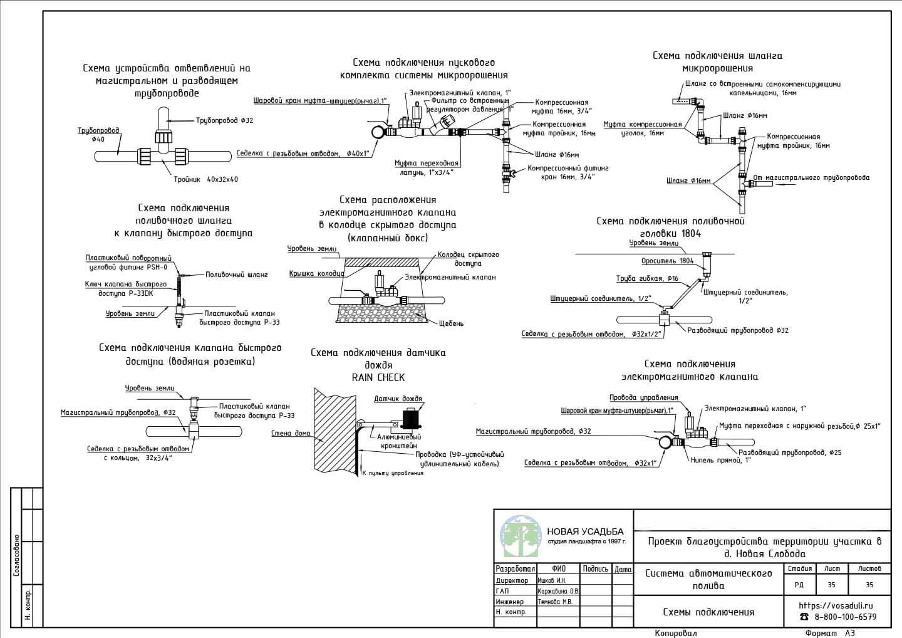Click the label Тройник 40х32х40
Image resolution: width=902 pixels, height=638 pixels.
[x=205, y=179]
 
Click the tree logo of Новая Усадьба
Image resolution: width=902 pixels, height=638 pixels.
[x=520, y=536]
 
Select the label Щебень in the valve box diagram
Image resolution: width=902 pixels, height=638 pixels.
[x=451, y=323]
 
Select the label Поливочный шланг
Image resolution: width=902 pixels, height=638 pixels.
[x=236, y=275]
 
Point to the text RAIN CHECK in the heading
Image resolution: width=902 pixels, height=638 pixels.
[x=378, y=377]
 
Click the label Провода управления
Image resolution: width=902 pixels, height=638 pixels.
[x=643, y=397]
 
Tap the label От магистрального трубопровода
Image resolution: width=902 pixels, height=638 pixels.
[x=811, y=177]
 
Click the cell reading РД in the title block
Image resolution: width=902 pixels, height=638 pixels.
[x=800, y=584]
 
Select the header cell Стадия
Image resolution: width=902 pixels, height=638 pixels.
[x=800, y=568]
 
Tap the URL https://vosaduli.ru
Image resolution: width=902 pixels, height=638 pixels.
[x=836, y=605]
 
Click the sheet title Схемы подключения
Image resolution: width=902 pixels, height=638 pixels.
[x=708, y=612]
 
